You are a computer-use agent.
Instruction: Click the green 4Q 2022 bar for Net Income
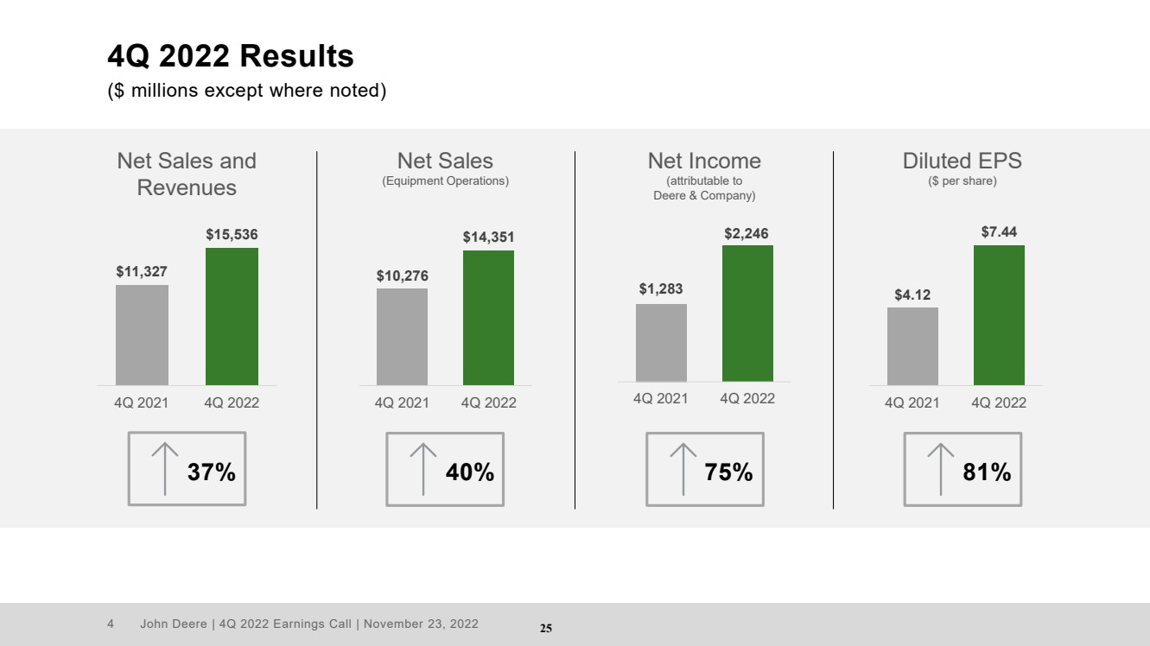(x=747, y=313)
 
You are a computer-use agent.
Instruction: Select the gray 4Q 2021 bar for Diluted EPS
(x=912, y=346)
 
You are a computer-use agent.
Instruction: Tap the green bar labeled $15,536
(x=232, y=317)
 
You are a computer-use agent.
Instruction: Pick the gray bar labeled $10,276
(x=402, y=337)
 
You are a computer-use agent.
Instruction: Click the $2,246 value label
(x=747, y=233)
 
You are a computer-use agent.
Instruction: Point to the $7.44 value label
(x=999, y=232)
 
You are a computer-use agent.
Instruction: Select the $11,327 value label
(x=142, y=271)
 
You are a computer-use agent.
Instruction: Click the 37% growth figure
(x=212, y=472)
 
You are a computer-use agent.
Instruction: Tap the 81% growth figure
(x=987, y=472)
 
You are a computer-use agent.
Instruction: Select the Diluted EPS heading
(x=963, y=161)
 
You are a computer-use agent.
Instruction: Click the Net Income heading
(x=704, y=161)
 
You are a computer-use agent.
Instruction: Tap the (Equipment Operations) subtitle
(x=445, y=181)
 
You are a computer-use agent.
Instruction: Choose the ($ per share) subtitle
(x=963, y=181)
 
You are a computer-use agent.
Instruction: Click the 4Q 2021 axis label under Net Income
(x=661, y=398)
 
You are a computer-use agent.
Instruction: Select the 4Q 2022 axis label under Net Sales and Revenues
(x=232, y=402)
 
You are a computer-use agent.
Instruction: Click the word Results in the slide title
(x=296, y=55)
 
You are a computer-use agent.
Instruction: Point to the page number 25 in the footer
(x=546, y=628)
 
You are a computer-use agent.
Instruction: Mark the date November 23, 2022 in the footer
(x=421, y=624)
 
